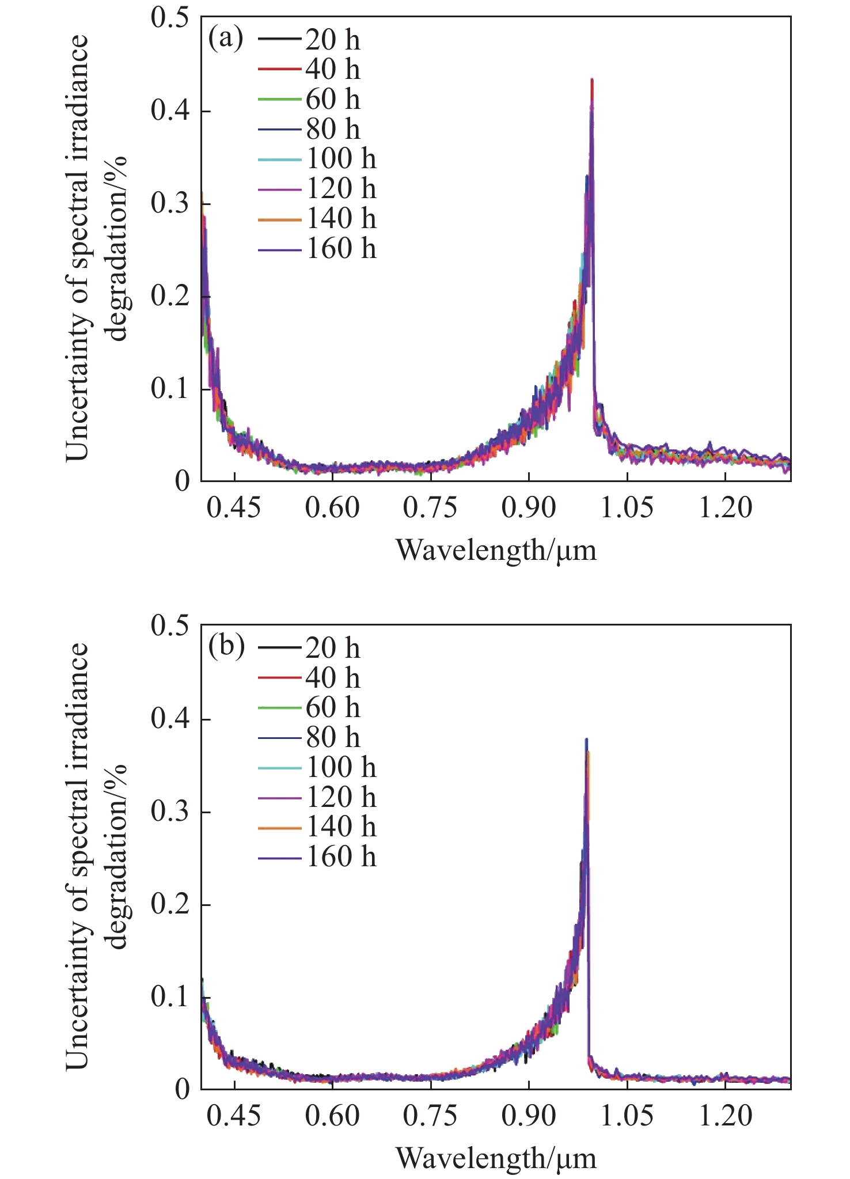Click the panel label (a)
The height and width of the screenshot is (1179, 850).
coord(226,39)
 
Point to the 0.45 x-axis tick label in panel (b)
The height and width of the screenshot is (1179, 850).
coord(234,1116)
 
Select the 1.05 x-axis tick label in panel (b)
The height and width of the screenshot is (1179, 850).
coord(627,1116)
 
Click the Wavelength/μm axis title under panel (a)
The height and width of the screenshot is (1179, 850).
coord(496,550)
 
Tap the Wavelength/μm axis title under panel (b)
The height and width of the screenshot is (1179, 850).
coord(496,1158)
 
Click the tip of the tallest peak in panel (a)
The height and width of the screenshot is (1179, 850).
coord(592,80)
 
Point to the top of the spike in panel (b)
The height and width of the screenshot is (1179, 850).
coord(586,740)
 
